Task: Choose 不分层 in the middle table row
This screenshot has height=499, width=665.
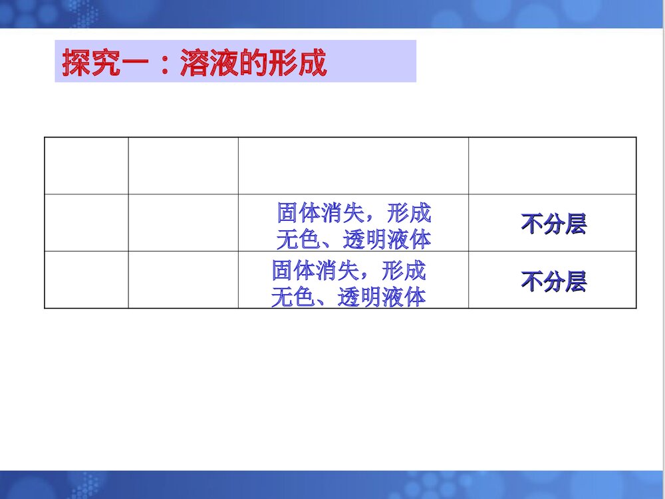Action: [x=553, y=224]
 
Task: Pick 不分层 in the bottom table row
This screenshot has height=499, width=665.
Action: [x=553, y=281]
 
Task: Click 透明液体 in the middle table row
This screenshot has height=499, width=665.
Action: [x=386, y=238]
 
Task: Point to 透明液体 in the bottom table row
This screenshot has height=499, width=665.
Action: [x=381, y=297]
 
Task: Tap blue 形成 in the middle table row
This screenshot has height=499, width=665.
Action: [x=409, y=213]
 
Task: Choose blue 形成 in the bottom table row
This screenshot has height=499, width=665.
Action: [x=404, y=270]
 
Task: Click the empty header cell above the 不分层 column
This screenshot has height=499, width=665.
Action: [x=552, y=165]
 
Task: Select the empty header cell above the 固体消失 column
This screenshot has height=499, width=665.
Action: [x=353, y=165]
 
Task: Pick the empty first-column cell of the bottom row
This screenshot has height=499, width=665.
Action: [x=86, y=280]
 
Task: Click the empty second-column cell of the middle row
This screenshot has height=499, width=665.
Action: [x=183, y=223]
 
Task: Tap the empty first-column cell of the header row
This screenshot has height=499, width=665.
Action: [x=86, y=165]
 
